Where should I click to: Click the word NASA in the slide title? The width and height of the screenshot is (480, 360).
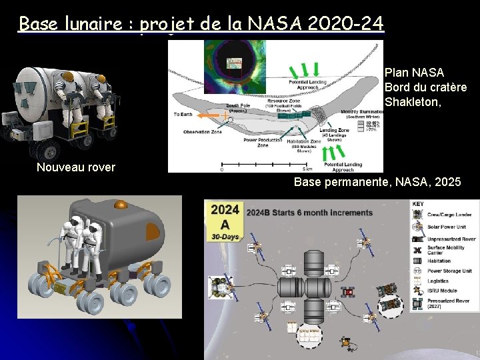[x=275, y=24]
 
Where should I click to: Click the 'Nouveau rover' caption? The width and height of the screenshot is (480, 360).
[x=75, y=167]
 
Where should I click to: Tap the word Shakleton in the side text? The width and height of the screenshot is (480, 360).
[x=411, y=103]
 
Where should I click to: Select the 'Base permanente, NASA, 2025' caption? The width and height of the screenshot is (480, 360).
[x=377, y=181]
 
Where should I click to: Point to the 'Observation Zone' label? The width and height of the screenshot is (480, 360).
[x=203, y=131]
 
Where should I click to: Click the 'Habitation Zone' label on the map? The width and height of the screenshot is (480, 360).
[x=304, y=143]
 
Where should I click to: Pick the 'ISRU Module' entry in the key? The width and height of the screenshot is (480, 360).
[x=442, y=290]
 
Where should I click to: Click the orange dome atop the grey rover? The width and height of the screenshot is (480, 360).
[x=121, y=205]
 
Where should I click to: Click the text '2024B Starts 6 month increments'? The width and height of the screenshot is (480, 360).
[x=310, y=213]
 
